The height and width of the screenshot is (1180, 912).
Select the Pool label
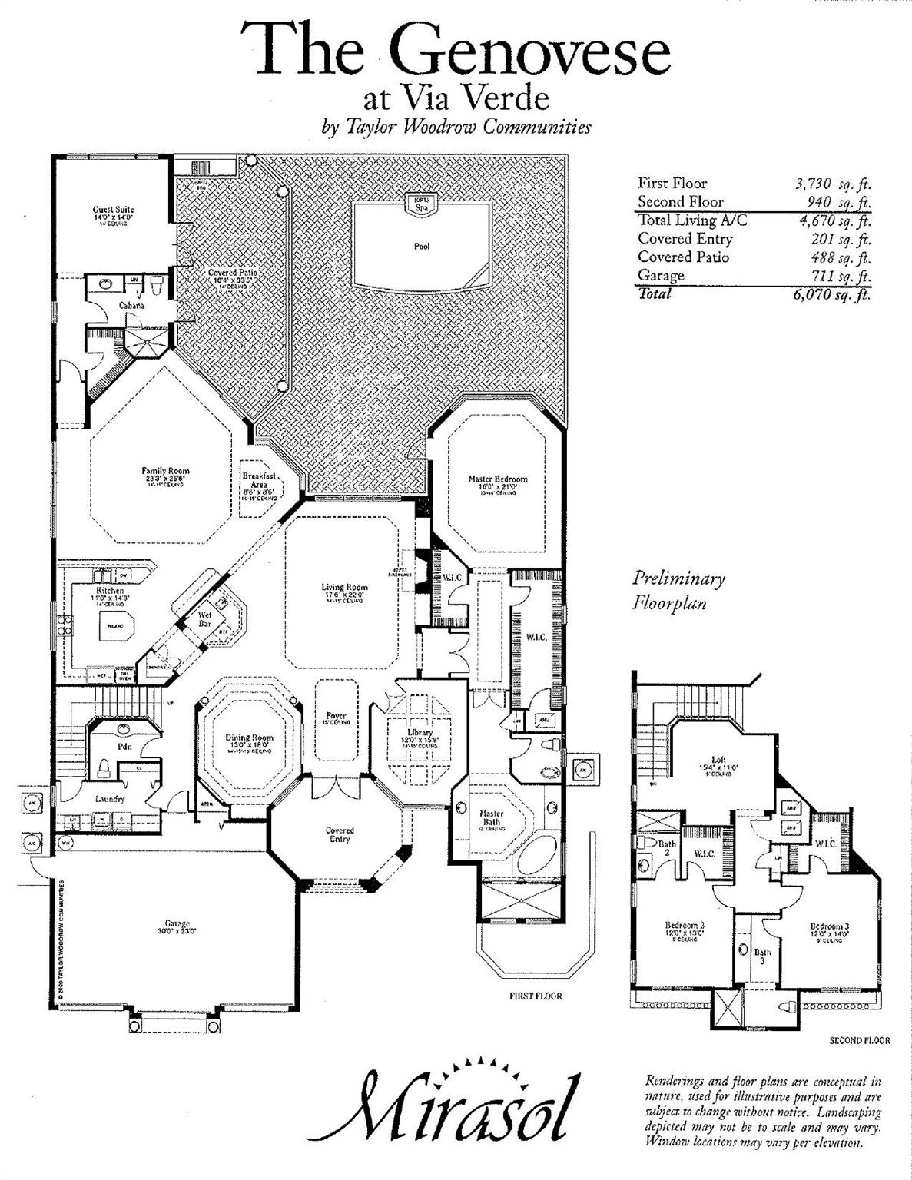pyautogui.click(x=422, y=247)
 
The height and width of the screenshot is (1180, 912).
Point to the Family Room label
pyautogui.click(x=165, y=471)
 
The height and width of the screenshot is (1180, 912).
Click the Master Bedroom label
pyautogui.click(x=498, y=479)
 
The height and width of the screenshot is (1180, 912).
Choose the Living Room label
pyautogui.click(x=344, y=588)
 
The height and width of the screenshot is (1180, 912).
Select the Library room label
pyautogui.click(x=420, y=733)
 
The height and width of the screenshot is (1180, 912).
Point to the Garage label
pyautogui.click(x=177, y=924)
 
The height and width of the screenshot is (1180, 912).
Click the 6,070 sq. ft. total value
pyautogui.click(x=832, y=294)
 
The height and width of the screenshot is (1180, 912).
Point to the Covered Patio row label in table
pyautogui.click(x=683, y=257)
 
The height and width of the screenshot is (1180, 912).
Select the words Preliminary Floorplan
pyautogui.click(x=678, y=591)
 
